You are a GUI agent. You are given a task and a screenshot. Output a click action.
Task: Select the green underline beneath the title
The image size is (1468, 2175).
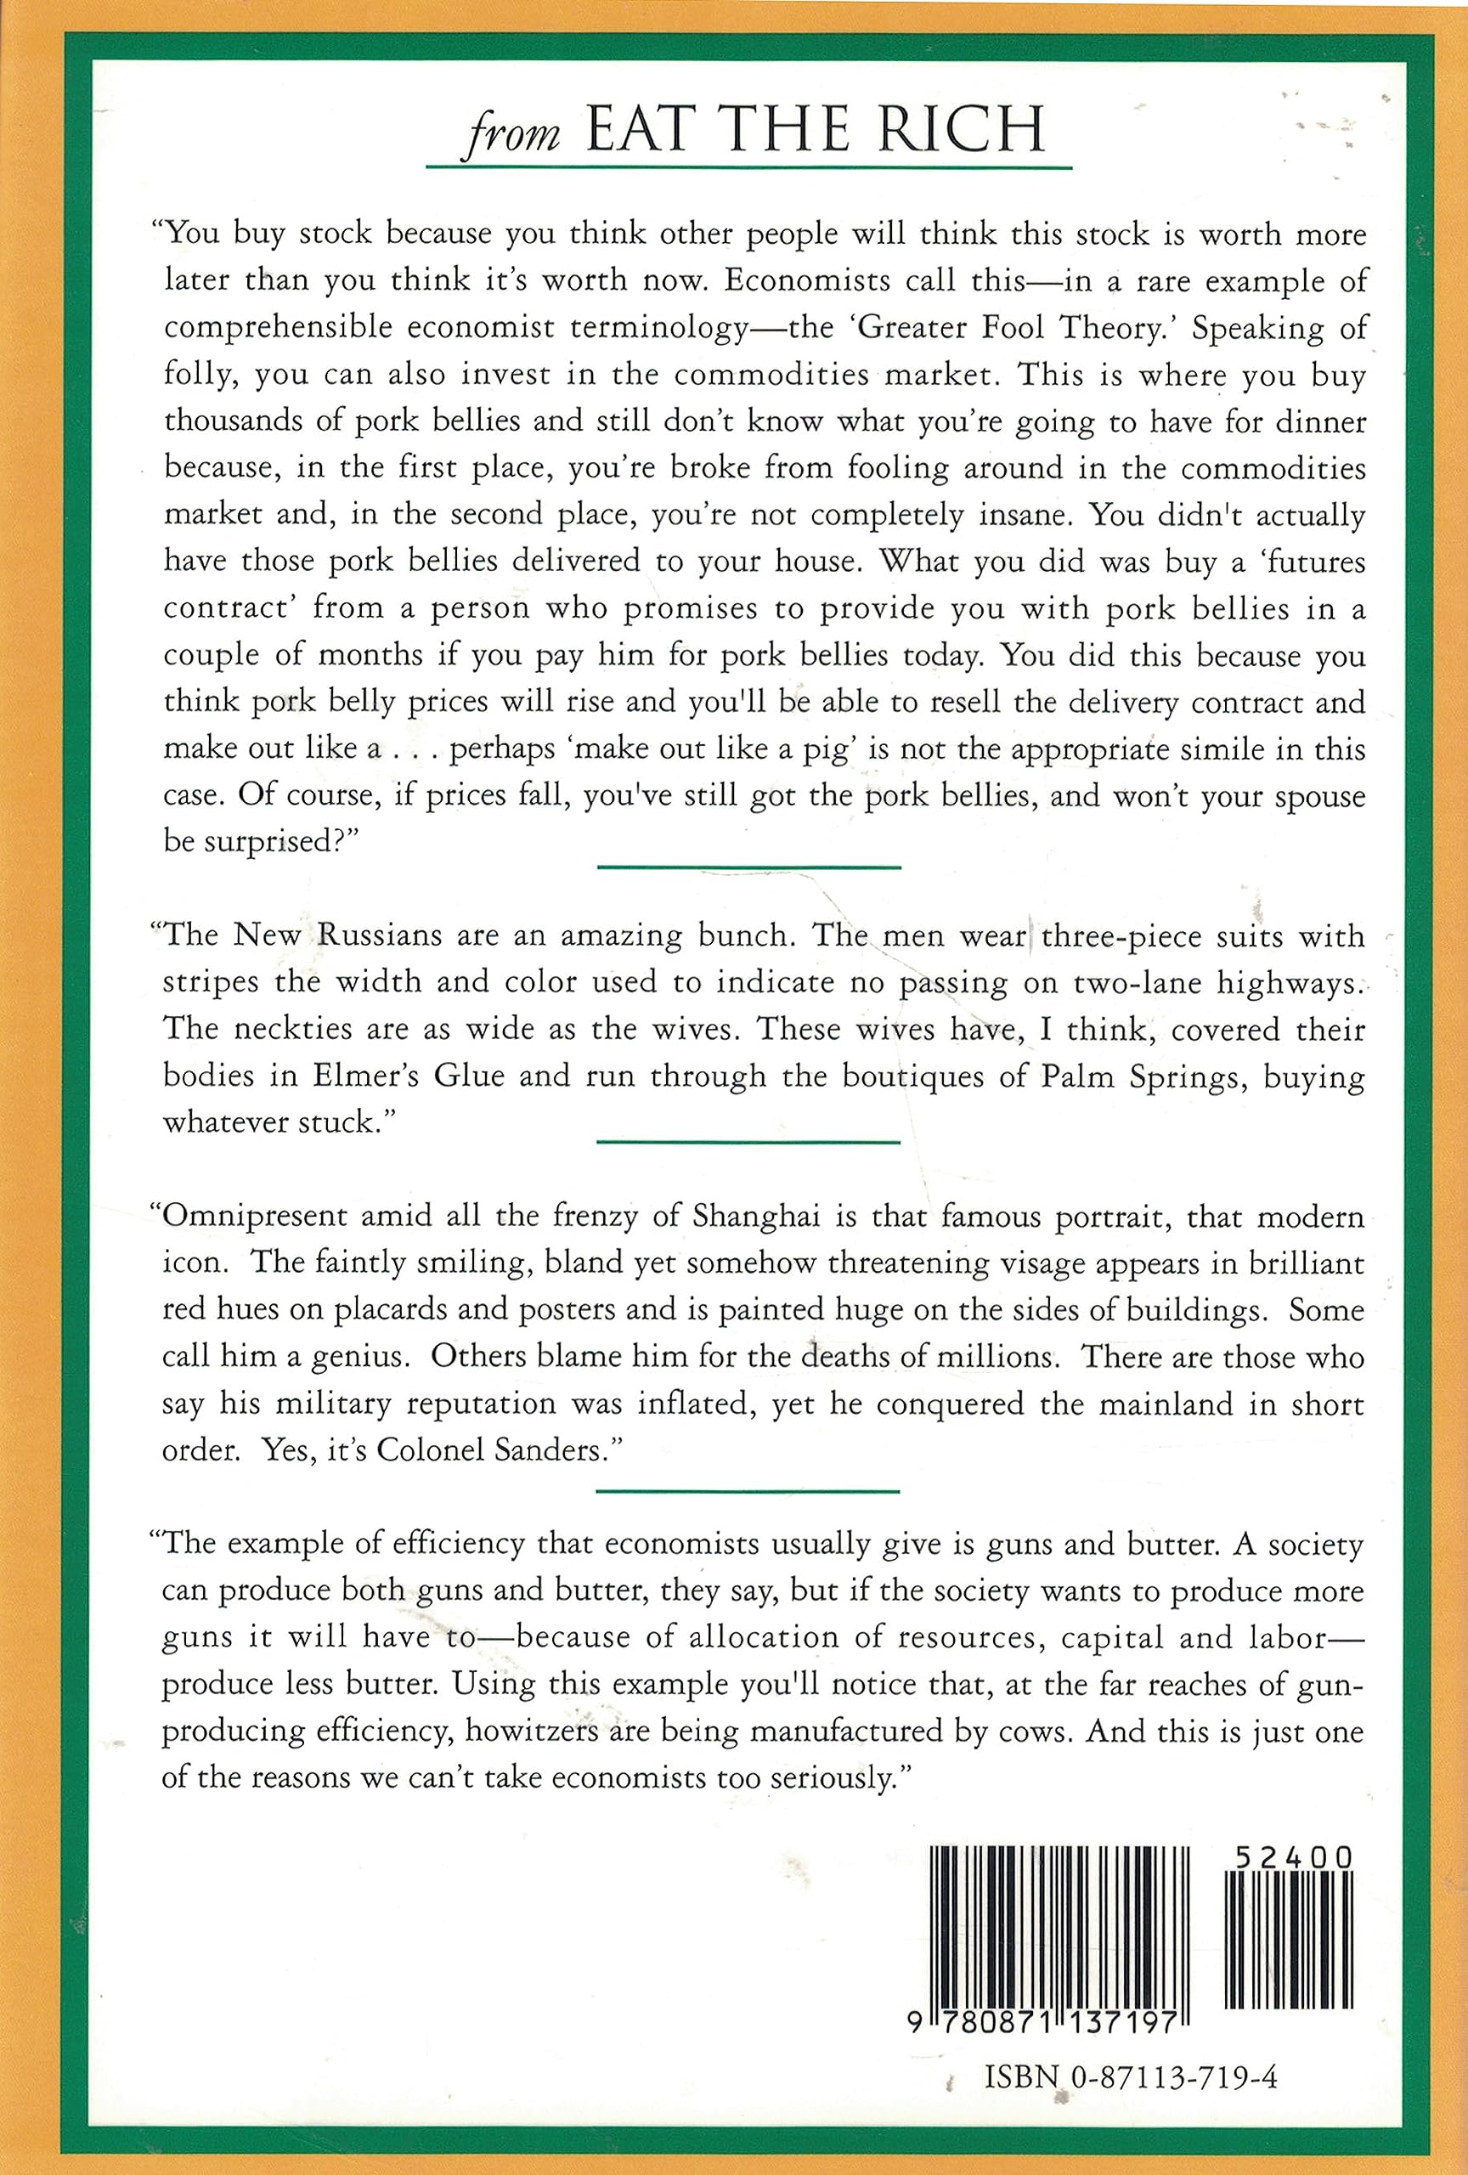coord(748,168)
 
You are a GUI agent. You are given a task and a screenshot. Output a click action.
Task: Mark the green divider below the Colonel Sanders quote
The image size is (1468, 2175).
coord(748,1491)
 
